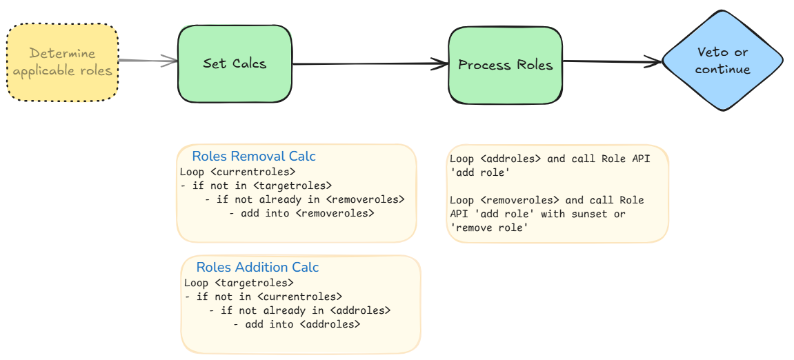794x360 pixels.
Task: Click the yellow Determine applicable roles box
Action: [63, 62]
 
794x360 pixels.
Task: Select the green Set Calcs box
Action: [235, 64]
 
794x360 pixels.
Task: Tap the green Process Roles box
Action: [505, 65]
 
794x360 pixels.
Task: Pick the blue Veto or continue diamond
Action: [722, 60]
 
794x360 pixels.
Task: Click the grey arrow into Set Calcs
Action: [148, 61]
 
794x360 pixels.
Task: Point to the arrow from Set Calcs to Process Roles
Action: [370, 64]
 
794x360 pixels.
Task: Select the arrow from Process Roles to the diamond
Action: [613, 62]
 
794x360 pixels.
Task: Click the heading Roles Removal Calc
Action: [254, 156]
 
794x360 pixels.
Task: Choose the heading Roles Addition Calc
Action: [258, 267]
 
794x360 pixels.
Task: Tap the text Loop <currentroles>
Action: [237, 172]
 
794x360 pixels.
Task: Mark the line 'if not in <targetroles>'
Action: [257, 186]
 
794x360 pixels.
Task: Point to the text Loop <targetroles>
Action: [239, 283]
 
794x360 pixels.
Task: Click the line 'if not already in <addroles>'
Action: [300, 310]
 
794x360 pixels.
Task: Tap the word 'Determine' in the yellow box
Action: [62, 53]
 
